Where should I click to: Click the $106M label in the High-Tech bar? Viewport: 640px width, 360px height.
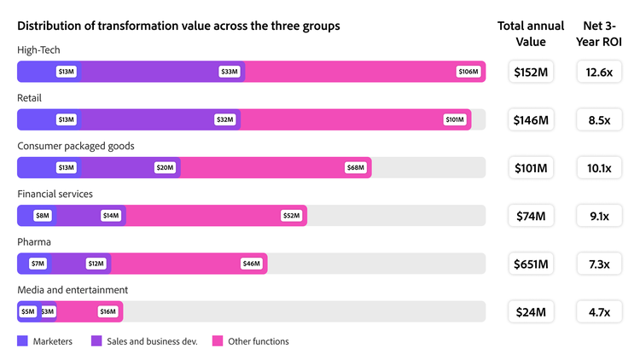point(468,72)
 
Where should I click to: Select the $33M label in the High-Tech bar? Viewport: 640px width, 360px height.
point(229,72)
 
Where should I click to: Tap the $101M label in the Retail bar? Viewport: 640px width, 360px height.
point(455,119)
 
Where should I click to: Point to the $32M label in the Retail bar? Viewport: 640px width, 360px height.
point(225,119)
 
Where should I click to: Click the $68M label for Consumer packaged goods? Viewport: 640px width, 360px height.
point(356,167)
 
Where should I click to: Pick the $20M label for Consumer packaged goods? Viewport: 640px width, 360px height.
point(165,167)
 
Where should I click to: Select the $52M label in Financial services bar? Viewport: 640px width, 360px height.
point(291,216)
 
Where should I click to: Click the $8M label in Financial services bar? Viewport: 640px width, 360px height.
point(43,216)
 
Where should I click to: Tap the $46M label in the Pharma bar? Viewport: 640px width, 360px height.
point(251,264)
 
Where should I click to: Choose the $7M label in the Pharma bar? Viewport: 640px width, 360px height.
point(38,264)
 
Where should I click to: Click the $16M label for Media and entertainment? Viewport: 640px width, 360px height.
point(108,311)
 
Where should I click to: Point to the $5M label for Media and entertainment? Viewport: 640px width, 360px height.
point(28,311)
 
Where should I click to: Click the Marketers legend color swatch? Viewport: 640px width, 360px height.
point(23,341)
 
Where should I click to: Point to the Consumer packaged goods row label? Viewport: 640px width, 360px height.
point(76,146)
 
